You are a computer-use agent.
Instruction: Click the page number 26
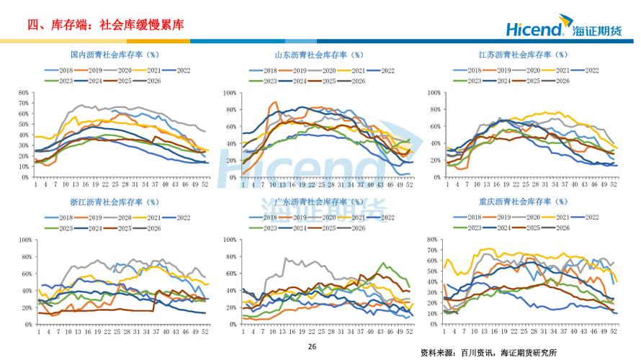point(312,346)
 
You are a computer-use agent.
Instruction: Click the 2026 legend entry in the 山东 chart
point(354,81)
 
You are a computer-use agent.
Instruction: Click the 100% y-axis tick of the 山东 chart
point(228,93)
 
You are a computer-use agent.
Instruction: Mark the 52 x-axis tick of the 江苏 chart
point(614,184)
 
